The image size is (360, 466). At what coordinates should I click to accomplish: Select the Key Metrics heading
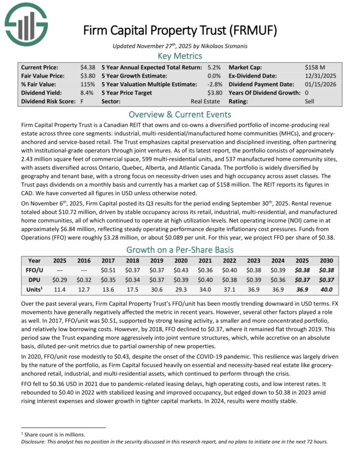point(179,56)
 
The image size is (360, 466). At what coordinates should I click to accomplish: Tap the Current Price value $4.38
point(88,67)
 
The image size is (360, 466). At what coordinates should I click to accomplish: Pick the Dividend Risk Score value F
point(82,101)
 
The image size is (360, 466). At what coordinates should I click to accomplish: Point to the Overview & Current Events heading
point(179,114)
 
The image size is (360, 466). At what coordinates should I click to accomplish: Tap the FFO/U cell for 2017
point(109,270)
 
